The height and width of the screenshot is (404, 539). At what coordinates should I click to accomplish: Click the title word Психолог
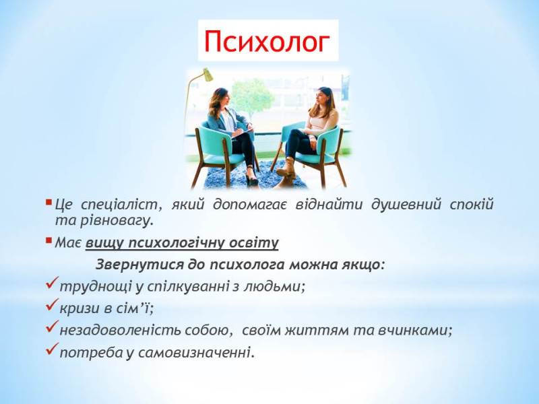[268, 42]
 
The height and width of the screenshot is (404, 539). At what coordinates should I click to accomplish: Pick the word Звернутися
[135, 263]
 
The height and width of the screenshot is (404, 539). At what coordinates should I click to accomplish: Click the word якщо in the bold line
[363, 263]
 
